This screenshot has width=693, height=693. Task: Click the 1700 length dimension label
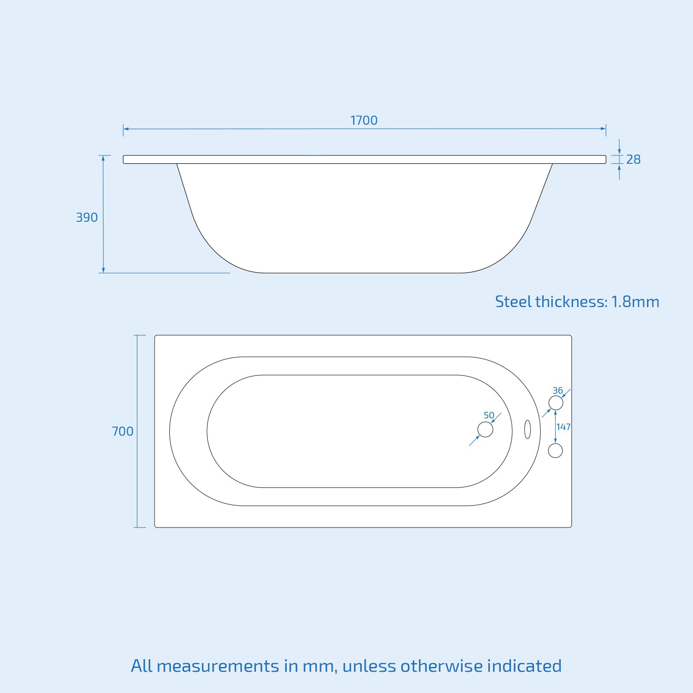point(364,120)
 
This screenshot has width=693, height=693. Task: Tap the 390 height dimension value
point(87,217)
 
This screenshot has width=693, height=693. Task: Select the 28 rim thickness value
point(633,160)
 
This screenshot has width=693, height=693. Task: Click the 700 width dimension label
point(123,431)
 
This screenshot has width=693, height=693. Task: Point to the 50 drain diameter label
point(489,415)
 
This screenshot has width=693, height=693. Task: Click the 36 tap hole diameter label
point(557,391)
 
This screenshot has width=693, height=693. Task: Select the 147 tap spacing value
point(563,427)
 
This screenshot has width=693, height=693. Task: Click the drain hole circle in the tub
point(485,430)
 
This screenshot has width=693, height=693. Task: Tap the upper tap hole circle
point(556,403)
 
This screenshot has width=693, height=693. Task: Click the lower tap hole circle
point(555,450)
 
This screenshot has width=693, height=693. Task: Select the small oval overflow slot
point(527,429)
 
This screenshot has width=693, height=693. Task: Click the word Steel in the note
point(513,301)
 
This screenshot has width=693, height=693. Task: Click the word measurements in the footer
point(218,666)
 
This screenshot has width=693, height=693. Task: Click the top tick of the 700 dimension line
point(139,335)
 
